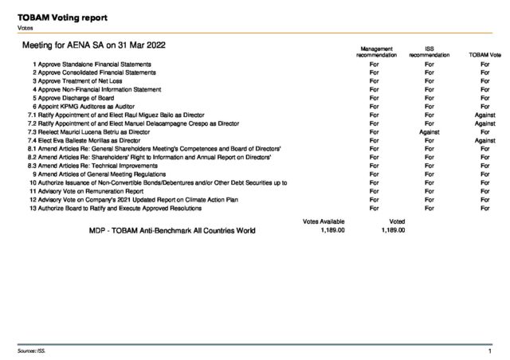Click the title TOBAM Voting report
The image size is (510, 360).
(64, 17)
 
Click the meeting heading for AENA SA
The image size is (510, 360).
(100, 46)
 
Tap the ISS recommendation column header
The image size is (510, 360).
(430, 51)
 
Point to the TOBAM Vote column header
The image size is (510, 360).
(484, 55)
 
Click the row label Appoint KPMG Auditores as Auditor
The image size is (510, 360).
(81, 106)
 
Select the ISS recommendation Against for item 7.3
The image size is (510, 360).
(430, 131)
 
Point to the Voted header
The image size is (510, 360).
(397, 220)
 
